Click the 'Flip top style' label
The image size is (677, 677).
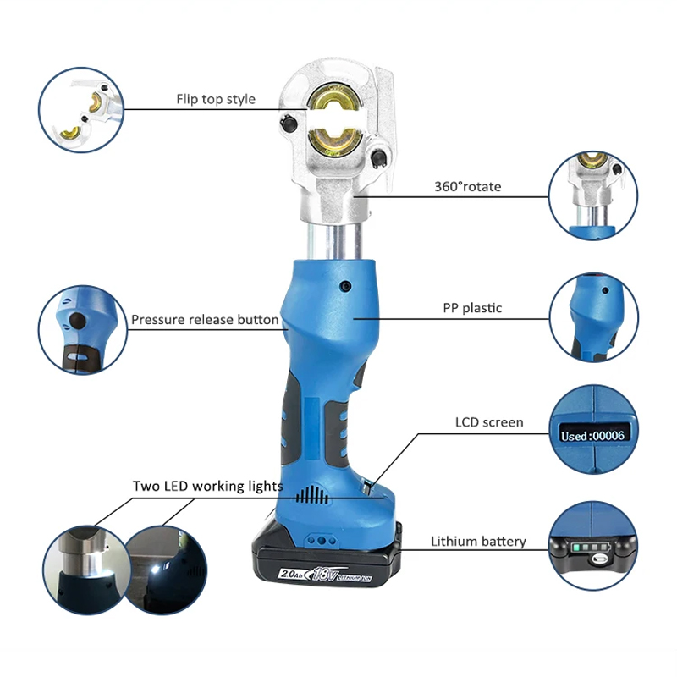pos(216,99)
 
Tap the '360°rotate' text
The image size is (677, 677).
pos(468,186)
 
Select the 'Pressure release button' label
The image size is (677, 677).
pos(205,320)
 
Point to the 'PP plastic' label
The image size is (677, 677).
pos(472,308)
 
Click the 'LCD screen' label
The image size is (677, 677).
pos(489,421)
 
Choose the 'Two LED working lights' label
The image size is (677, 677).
pos(207,486)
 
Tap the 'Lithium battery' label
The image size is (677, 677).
pos(478,542)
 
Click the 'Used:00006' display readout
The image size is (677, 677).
pos(593,435)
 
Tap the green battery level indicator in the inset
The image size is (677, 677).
pos(590,548)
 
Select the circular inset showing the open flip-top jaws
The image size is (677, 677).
pos(81,110)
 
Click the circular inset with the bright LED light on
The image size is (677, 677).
pos(166,569)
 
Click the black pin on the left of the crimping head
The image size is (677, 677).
pos(288,123)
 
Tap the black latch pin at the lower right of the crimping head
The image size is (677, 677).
pos(378,158)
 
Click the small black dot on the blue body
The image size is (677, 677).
pos(345,285)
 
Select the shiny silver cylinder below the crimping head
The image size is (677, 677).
pos(334,241)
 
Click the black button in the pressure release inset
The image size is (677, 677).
pos(78,321)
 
